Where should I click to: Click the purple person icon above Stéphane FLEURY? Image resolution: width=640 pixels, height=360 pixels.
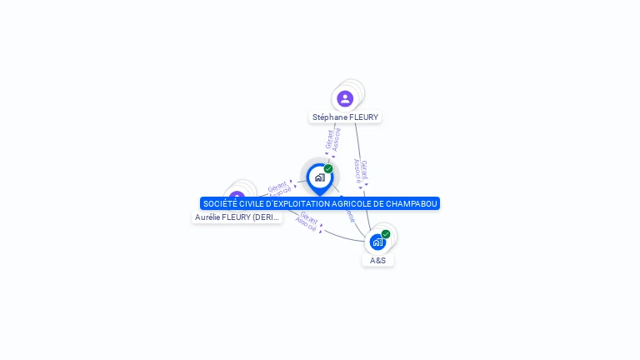[345, 99]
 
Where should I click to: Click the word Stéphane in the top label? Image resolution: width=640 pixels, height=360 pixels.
[329, 117]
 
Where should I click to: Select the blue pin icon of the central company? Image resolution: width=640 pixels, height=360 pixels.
[319, 177]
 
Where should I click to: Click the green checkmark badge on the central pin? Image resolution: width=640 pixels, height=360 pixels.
[328, 169]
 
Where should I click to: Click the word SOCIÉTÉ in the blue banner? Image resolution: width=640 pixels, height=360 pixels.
[219, 203]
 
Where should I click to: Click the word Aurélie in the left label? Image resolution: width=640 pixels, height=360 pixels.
[209, 217]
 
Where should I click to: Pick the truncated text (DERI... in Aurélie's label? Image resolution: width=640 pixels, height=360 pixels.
[266, 217]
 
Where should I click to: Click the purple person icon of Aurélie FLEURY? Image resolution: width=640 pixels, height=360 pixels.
[237, 197]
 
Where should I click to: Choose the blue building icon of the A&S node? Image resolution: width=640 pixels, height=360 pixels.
[378, 242]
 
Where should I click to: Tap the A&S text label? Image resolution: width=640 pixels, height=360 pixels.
[378, 260]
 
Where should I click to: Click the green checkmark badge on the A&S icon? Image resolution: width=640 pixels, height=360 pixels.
[386, 234]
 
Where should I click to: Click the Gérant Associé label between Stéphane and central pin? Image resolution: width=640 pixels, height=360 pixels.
[332, 140]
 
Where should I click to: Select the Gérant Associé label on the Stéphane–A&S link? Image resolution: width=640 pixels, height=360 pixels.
[361, 172]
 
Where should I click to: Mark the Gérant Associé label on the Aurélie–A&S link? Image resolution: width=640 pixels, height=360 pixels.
[307, 222]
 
